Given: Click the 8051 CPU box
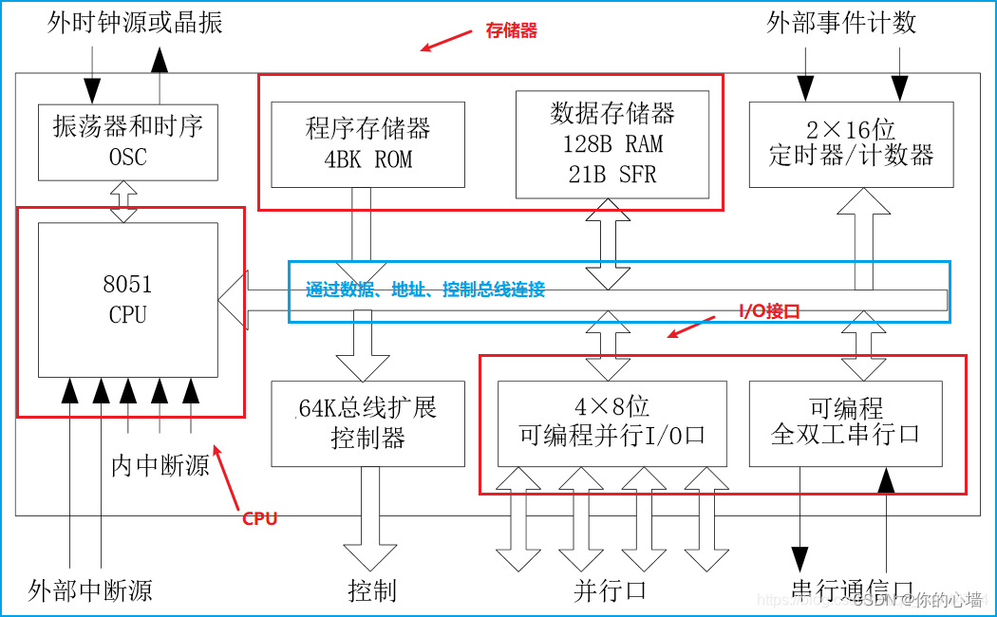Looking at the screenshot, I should click(x=127, y=300).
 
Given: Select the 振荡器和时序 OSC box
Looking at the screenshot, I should click(x=127, y=141).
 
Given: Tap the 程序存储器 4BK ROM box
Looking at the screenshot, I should click(x=367, y=144).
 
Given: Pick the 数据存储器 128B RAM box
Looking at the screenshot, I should click(x=612, y=143).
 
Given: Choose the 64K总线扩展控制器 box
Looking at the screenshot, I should click(x=367, y=423).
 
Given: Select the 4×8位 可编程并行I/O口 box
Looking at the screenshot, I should click(x=612, y=422).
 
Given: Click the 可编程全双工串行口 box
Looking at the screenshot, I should click(x=845, y=422).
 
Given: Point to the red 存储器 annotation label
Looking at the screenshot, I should click(x=511, y=31).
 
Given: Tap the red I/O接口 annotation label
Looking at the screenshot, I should click(x=770, y=311).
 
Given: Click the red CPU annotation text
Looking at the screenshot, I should click(x=259, y=518).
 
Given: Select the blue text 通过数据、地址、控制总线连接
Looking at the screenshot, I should click(x=425, y=290).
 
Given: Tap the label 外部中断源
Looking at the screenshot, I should click(x=90, y=590).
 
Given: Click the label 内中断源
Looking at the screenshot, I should click(x=160, y=465).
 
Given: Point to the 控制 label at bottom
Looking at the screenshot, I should click(x=371, y=590).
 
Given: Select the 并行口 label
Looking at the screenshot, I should click(x=610, y=590).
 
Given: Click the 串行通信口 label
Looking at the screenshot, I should click(x=852, y=590).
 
